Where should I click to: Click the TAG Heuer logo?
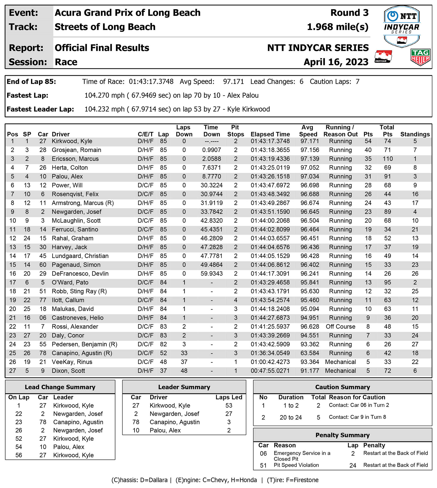click(x=420, y=57)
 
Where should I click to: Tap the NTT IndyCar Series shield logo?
click(x=402, y=26)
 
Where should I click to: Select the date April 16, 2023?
click(x=336, y=62)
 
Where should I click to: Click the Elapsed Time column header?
click(x=270, y=134)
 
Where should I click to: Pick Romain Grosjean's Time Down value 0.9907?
click(x=211, y=150)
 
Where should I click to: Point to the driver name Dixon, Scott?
click(x=68, y=371)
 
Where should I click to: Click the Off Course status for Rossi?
click(x=340, y=327)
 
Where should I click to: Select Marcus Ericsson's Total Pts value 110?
click(x=388, y=159)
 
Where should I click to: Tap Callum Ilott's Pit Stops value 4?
click(x=236, y=300)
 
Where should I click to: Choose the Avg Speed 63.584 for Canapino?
click(x=310, y=353)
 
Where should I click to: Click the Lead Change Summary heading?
click(x=60, y=387)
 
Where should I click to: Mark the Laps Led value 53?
click(x=229, y=406)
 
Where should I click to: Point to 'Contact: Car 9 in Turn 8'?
click(x=357, y=417)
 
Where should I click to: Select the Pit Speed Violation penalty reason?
click(x=296, y=465)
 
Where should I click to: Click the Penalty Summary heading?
click(x=342, y=435)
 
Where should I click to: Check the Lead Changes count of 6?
click(x=301, y=82)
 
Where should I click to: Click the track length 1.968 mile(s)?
click(x=338, y=27)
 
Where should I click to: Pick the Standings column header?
click(x=415, y=134)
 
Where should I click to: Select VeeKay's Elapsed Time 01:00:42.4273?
click(x=270, y=362)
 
